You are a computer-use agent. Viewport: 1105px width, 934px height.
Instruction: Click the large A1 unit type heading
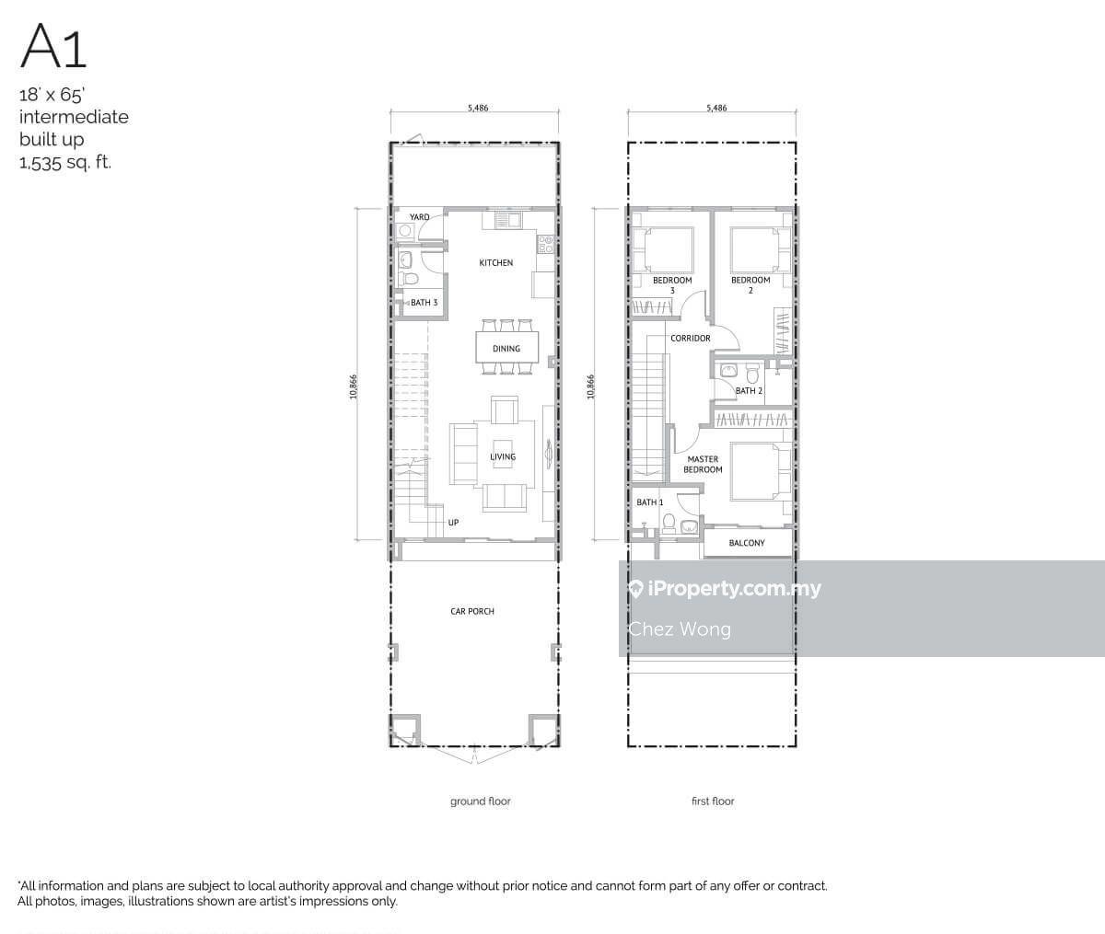coord(52,47)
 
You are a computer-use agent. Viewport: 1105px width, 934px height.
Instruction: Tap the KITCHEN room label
coord(496,262)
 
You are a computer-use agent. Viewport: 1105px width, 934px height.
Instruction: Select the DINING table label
coord(506,349)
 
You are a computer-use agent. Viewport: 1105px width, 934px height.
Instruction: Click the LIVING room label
coord(503,456)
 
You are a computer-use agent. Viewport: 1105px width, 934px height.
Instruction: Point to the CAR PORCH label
coord(472,611)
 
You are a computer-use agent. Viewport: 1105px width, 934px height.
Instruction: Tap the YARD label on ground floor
coord(420,217)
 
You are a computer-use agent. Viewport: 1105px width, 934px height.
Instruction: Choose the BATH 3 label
coord(424,303)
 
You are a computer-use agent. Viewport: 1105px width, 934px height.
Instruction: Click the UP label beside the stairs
coord(453,522)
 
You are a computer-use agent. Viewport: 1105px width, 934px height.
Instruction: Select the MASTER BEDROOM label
coord(703,464)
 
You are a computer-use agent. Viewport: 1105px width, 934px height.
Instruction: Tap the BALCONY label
coord(747,543)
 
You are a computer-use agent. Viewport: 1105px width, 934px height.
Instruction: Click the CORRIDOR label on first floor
coord(691,339)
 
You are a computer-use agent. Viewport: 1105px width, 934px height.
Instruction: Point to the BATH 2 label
coord(749,390)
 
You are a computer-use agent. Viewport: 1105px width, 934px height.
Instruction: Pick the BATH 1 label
coord(649,502)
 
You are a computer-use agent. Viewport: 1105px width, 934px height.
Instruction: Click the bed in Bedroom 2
coord(760,249)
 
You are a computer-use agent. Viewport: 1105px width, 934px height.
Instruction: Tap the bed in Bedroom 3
coord(663,249)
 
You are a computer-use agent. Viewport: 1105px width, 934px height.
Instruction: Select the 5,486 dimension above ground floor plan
coord(478,108)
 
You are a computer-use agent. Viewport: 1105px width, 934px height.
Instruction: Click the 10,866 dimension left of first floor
coord(591,386)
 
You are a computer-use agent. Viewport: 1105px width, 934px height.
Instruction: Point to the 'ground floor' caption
coord(480,801)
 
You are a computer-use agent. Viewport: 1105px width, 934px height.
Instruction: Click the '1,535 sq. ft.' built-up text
coord(65,162)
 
